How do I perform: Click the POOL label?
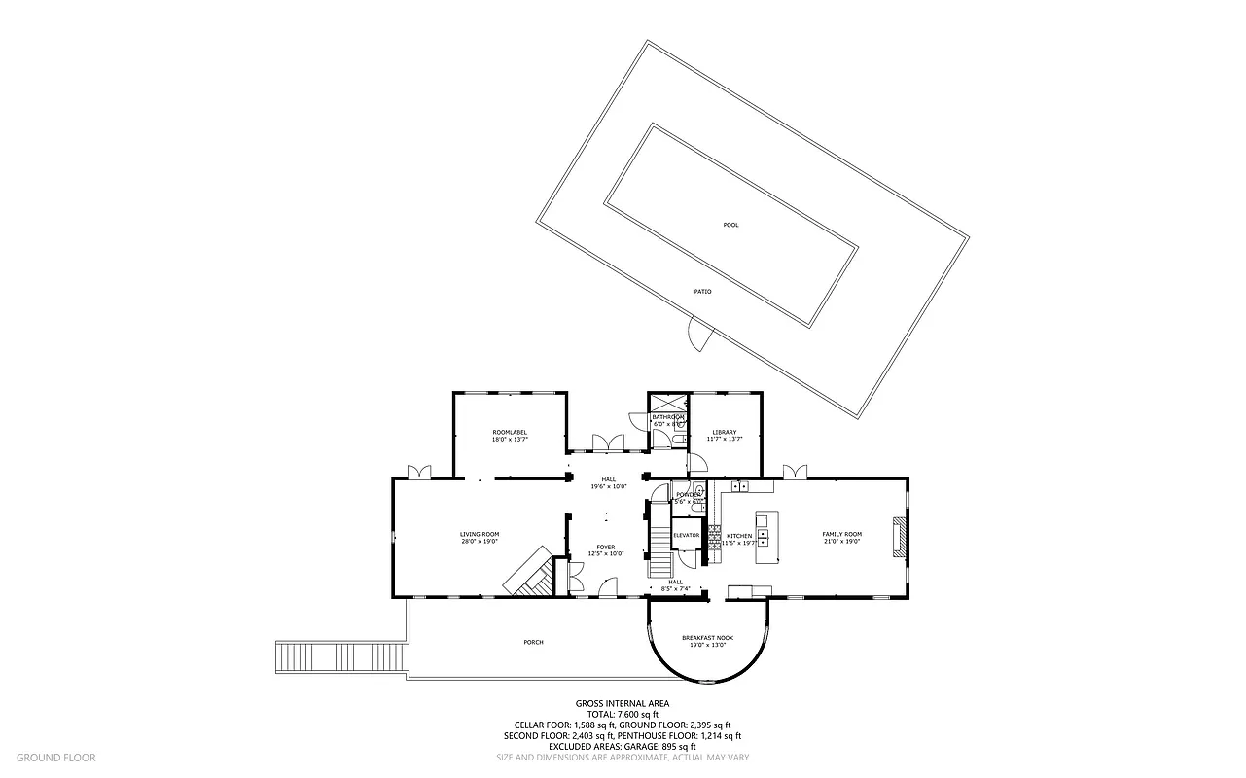click(730, 225)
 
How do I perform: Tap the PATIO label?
click(702, 291)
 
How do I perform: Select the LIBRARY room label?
click(724, 432)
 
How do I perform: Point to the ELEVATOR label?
click(687, 535)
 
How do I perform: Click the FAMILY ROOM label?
click(841, 534)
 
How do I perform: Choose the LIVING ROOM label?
click(480, 534)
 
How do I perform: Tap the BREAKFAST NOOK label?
click(707, 638)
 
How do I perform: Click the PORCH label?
click(533, 642)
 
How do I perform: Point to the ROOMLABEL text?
click(510, 432)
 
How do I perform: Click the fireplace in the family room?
click(901, 536)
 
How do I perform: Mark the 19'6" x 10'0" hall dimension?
click(608, 486)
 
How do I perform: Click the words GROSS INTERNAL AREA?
click(623, 703)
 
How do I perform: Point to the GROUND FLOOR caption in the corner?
click(55, 757)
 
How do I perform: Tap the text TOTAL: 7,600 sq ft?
click(623, 714)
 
